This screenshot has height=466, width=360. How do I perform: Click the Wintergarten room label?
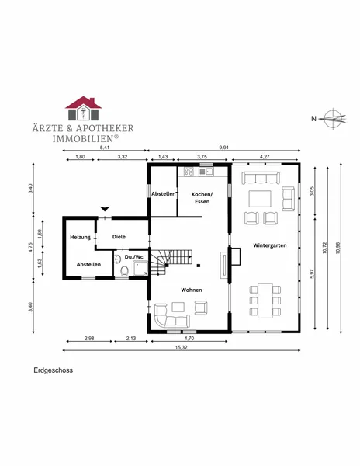[270, 245]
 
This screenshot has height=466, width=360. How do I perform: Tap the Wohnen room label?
[192, 290]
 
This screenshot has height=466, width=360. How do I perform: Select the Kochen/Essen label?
[202, 198]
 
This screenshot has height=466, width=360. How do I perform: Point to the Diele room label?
[119, 237]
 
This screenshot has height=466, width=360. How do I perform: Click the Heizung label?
[80, 237]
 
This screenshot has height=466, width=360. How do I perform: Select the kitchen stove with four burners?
[189, 171]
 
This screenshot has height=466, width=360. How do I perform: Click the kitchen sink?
[206, 171]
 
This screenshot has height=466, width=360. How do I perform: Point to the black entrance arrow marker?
[105, 209]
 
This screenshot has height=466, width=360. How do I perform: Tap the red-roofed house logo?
[83, 108]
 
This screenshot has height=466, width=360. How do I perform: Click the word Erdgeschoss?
[53, 370]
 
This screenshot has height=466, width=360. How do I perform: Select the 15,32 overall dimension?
[182, 347]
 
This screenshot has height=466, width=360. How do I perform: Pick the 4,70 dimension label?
[189, 338]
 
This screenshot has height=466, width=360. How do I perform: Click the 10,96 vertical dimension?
[337, 248]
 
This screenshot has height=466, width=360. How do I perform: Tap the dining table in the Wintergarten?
[265, 301]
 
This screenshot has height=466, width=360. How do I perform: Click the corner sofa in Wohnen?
[171, 316]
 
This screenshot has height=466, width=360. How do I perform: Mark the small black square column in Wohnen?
[199, 266]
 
